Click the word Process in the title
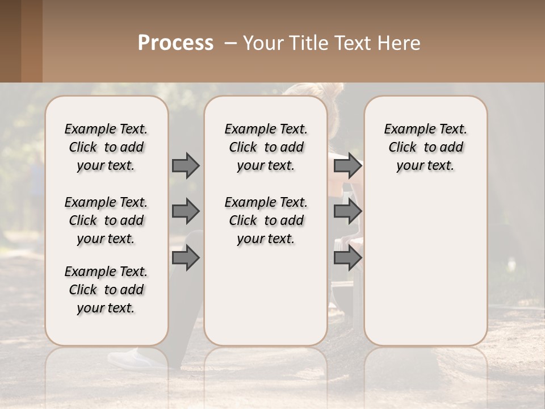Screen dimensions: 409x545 coord(175,43)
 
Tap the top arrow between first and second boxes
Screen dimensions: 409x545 coord(186,165)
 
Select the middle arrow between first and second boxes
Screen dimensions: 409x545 coord(186,211)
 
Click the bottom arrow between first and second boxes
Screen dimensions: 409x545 coord(186,258)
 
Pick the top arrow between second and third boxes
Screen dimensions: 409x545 coord(347,165)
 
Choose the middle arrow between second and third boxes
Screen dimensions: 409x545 coord(347,211)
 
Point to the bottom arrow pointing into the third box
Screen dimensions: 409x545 coord(347,258)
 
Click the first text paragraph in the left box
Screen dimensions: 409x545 coord(106,147)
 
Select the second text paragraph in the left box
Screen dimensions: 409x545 coord(106,220)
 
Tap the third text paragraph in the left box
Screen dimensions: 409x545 coord(106,290)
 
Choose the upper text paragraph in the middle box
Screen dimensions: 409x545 coord(266,147)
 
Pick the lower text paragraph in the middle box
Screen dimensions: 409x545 coord(266,220)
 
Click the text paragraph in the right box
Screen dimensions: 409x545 coord(425,147)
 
